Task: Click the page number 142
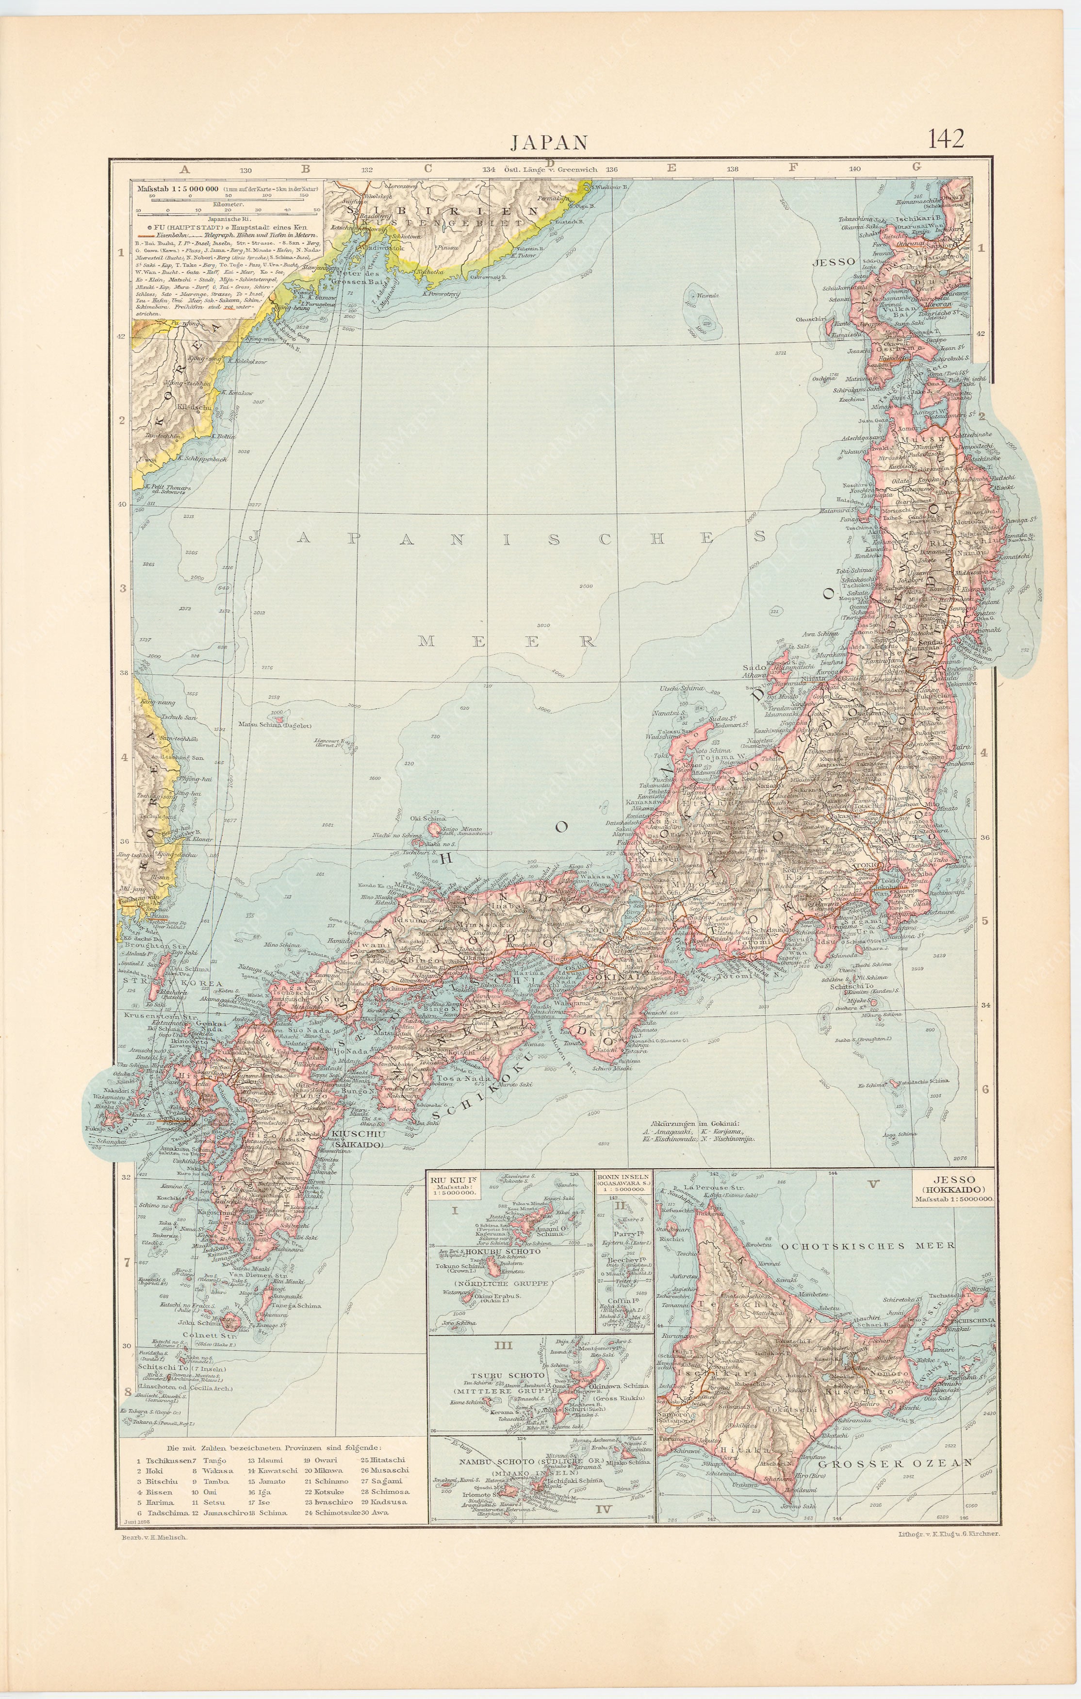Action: tap(946, 138)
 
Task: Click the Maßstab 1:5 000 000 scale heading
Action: tap(178, 190)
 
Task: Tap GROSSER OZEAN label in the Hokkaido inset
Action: tap(905, 1463)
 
